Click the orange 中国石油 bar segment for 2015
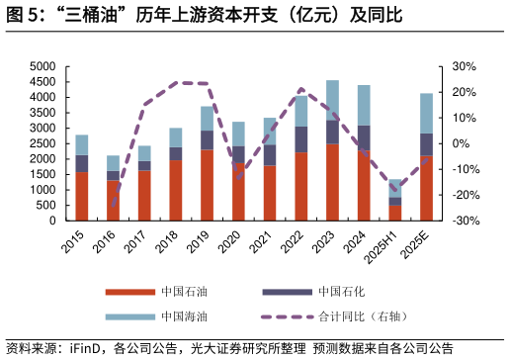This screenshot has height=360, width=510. (x=82, y=196)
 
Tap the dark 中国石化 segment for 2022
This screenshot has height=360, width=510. (x=301, y=138)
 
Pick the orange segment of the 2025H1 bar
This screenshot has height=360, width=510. (x=395, y=213)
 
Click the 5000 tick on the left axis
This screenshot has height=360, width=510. (x=42, y=66)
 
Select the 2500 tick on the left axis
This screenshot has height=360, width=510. (x=42, y=143)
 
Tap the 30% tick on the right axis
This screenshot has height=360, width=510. (x=464, y=66)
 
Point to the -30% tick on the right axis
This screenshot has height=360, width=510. (x=462, y=221)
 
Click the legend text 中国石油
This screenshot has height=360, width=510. (x=185, y=292)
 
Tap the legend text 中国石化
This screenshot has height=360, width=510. (x=342, y=292)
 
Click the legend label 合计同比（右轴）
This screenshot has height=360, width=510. (x=363, y=316)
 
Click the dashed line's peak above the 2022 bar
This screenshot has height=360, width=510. (x=301, y=91)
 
